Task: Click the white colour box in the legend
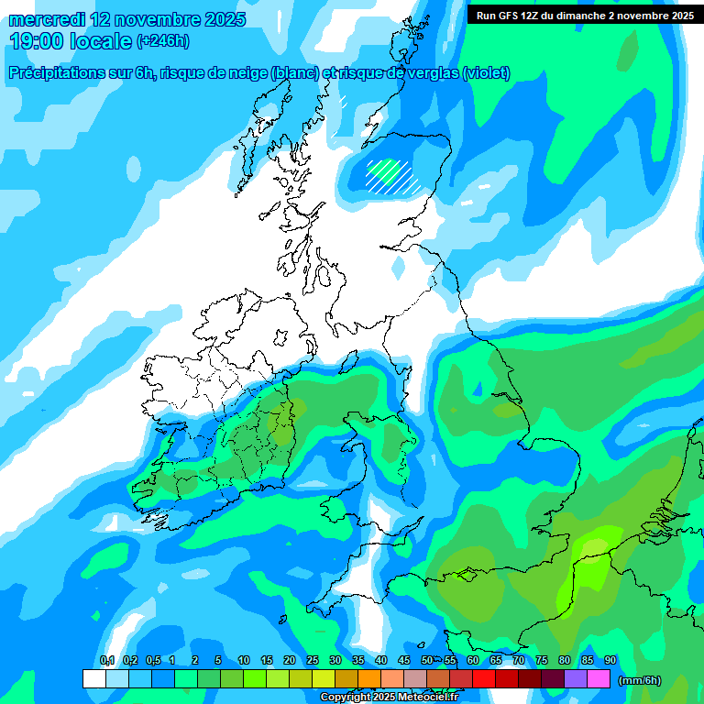pos(93,679)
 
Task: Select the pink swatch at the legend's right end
pos(599,679)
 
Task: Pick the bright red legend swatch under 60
pos(483,679)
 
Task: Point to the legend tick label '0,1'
pos(106,661)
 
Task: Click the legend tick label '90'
pos(610,661)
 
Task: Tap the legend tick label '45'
pos(404,661)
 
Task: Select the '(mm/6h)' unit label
pos(640,680)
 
